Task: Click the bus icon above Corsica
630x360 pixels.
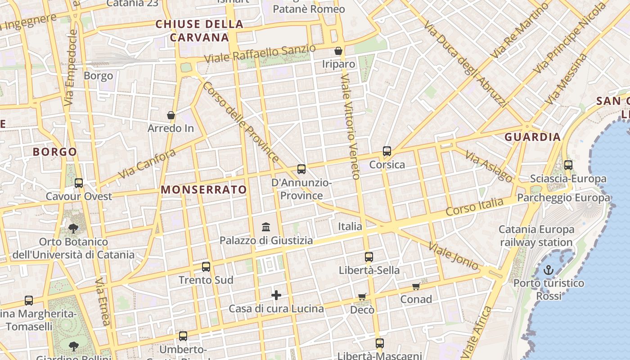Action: coord(387,151)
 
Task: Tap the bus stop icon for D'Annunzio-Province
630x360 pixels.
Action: coord(301,169)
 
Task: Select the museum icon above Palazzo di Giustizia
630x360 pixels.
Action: coord(266,226)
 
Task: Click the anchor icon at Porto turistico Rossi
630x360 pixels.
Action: coord(548,270)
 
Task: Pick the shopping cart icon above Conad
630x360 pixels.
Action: coord(416,287)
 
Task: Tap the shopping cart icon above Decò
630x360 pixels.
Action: coord(362,297)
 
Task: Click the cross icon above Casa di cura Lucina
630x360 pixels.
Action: coord(276,295)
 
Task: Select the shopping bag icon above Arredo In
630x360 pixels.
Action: coord(171,116)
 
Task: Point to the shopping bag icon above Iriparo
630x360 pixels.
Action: coord(338,51)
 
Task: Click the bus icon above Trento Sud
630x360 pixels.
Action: coord(206,267)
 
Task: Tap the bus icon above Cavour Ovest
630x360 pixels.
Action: coord(79,183)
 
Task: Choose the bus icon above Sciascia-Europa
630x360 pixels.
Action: coord(568,165)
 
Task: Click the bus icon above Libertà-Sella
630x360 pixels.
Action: coord(369,257)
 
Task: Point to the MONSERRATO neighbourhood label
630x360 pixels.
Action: coord(204,190)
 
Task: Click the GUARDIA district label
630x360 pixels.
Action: coord(532,137)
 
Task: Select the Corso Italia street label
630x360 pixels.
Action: coord(474,207)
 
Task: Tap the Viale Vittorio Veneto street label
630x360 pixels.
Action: coord(350,127)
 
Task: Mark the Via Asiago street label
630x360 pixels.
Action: coord(489,166)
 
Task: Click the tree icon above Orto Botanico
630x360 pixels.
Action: coord(73,229)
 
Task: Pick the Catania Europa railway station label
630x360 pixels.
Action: coord(536,236)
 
